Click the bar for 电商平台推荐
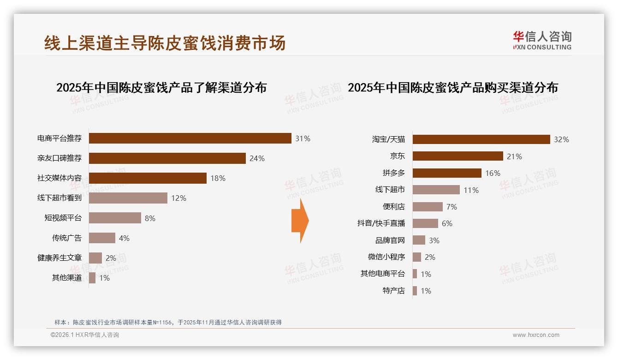point(190,138)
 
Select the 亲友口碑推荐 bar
point(167,158)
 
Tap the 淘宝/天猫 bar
point(481,139)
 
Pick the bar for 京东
point(458,156)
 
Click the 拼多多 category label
point(393,173)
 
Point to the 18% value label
point(218,178)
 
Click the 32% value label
point(561,139)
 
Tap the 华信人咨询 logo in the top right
point(542,40)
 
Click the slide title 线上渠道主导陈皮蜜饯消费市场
point(165,43)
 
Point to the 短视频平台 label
point(63,218)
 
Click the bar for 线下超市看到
point(128,198)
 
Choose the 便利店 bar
point(427,207)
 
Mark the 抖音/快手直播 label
point(381,223)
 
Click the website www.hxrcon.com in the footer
point(536,335)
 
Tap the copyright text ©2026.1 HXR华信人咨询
point(85,335)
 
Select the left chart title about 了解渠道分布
point(161,88)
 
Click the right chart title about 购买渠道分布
point(453,88)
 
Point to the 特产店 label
point(393,291)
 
